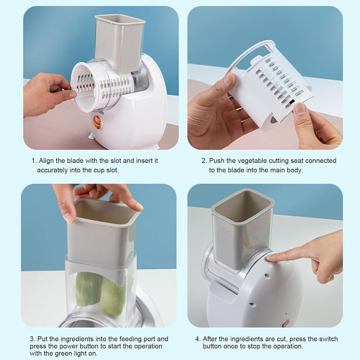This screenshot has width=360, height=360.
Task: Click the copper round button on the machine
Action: (x=97, y=122)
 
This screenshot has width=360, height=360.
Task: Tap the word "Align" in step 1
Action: (x=46, y=161)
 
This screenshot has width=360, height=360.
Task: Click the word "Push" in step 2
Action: (x=217, y=161)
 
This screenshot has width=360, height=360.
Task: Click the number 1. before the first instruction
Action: (x=34, y=161)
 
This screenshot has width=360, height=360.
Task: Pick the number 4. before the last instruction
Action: (x=198, y=339)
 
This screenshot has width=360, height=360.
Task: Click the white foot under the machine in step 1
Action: (x=91, y=136)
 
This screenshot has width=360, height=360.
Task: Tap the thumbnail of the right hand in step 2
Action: (x=300, y=108)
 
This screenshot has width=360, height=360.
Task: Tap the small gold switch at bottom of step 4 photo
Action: (x=285, y=323)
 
